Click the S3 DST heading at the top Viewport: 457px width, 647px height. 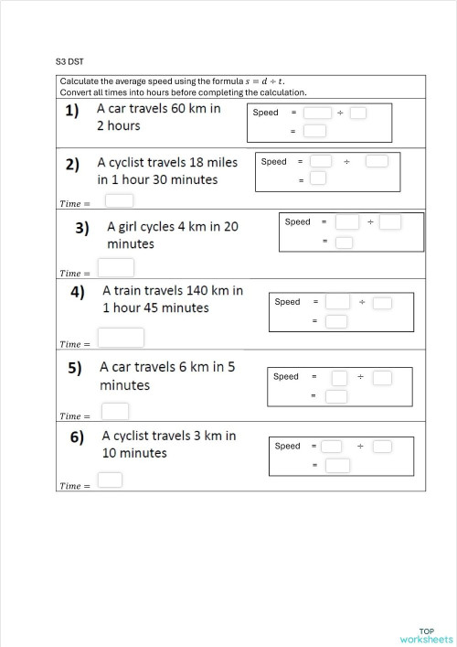(69, 61)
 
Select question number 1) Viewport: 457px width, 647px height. (71, 111)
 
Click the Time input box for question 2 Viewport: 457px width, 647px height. (121, 200)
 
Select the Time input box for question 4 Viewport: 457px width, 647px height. (121, 339)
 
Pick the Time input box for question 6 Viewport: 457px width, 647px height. (111, 480)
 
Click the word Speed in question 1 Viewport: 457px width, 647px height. (265, 113)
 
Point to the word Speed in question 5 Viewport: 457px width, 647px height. (286, 376)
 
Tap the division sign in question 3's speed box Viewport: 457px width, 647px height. (370, 222)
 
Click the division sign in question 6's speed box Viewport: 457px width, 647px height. (360, 446)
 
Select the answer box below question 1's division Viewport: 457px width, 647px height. (314, 132)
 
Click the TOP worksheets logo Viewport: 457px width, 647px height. (426, 634)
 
